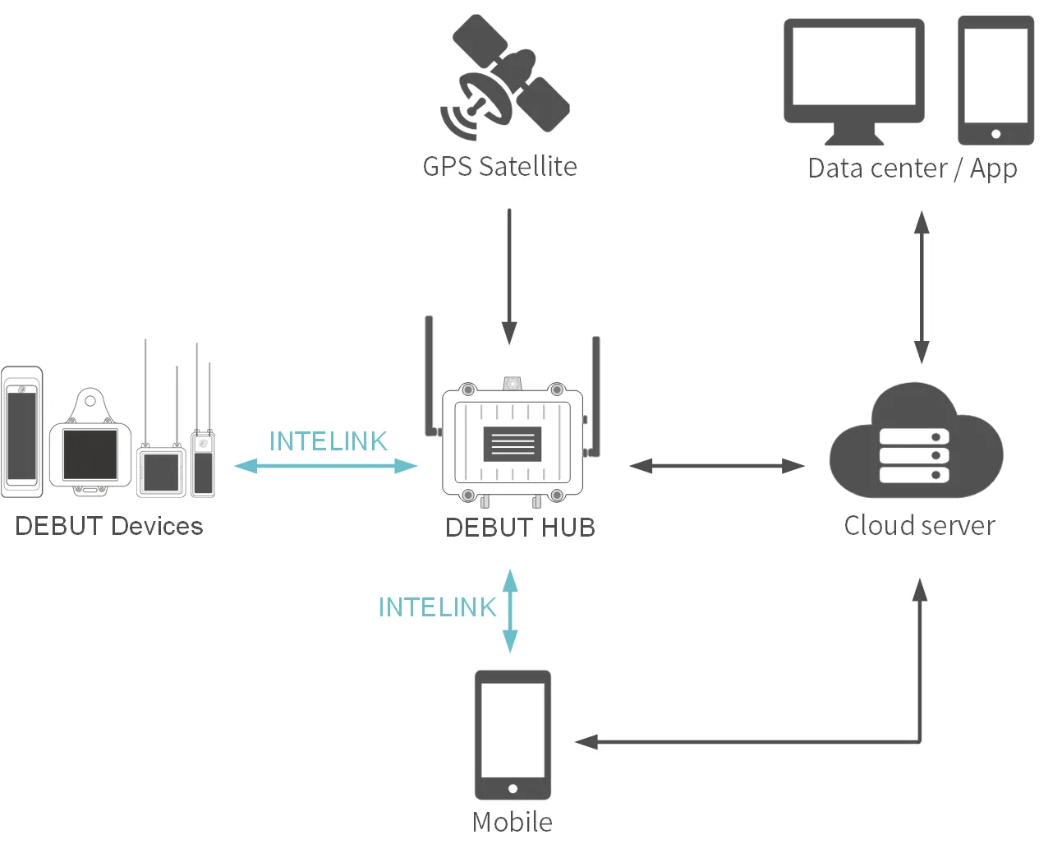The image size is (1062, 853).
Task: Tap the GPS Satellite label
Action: [499, 167]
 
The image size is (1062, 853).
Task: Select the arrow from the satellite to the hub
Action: [509, 275]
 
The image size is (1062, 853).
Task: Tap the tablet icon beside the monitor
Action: [995, 81]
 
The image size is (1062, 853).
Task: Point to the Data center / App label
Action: [912, 168]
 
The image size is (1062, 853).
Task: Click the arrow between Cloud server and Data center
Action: [922, 287]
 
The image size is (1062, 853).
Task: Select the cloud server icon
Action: [915, 444]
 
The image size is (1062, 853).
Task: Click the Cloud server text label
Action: [919, 526]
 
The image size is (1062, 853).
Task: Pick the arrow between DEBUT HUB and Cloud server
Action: [716, 466]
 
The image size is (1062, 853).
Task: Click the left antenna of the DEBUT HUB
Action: [429, 374]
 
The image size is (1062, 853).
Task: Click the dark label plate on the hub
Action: [513, 444]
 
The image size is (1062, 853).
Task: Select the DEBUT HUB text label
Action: [520, 528]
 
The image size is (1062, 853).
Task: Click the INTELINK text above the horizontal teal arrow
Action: [328, 441]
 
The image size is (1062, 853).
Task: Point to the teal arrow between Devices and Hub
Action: [326, 466]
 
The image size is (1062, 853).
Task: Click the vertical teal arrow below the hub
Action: [510, 611]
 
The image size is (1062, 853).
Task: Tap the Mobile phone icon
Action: [513, 735]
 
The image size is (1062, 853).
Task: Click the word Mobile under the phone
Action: [513, 822]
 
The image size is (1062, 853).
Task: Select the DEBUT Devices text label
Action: [109, 526]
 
